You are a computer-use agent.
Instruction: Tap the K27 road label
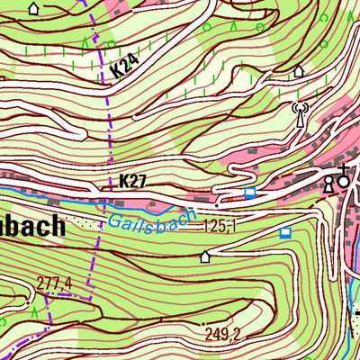[131, 182]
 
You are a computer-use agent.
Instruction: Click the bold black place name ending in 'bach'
[32, 225]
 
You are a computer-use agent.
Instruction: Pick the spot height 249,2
[222, 334]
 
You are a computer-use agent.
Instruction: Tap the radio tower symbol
[300, 114]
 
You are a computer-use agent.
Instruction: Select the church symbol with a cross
[343, 177]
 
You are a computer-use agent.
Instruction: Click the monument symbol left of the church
[328, 184]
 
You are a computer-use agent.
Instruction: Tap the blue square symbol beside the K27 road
[249, 193]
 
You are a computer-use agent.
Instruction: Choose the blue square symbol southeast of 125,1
[285, 233]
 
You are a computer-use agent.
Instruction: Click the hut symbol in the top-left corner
[34, 9]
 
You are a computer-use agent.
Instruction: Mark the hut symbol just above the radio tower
[299, 71]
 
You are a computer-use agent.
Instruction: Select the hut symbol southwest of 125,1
[205, 256]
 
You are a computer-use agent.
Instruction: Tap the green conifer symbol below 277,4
[34, 311]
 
